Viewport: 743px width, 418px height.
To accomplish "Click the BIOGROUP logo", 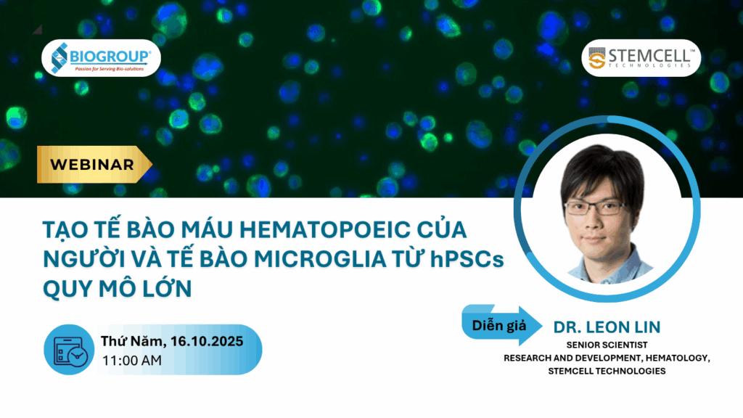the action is tap(101, 58).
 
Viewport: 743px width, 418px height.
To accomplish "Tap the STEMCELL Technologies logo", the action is tap(641, 58).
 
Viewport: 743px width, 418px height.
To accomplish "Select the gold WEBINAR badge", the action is tap(94, 165).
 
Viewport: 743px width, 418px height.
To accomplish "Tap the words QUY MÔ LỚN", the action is tap(118, 288).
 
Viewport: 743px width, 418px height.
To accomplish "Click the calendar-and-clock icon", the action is tap(69, 350).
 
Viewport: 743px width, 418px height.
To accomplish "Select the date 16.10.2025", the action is tap(207, 341).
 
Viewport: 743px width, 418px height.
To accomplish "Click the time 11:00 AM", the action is tap(132, 361).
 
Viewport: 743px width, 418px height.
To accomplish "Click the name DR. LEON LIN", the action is tap(607, 327).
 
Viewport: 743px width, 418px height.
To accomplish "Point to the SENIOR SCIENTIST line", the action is tap(607, 345).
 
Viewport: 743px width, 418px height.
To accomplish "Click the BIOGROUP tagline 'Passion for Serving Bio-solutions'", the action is tap(110, 69).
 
